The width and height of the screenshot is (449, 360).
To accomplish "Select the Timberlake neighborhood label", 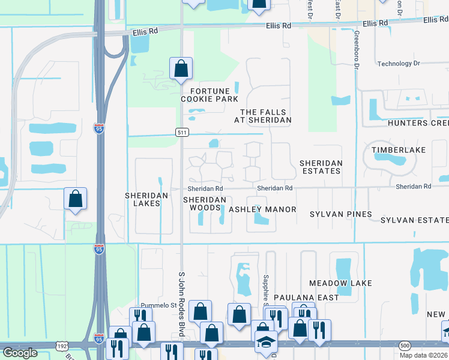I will [398, 149].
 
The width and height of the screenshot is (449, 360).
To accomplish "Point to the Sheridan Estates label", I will [321, 167].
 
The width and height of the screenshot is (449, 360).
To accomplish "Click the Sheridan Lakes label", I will [142, 199].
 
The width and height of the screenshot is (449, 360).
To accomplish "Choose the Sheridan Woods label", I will [205, 203].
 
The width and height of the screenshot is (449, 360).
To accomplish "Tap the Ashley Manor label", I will [262, 209].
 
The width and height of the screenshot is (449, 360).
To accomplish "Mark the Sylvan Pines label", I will [340, 214].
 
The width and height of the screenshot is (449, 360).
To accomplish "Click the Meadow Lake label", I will [340, 283].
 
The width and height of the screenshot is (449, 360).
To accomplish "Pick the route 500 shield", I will [405, 346].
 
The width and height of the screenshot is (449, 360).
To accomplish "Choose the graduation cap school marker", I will [265, 342].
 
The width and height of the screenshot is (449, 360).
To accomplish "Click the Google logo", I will [20, 353].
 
